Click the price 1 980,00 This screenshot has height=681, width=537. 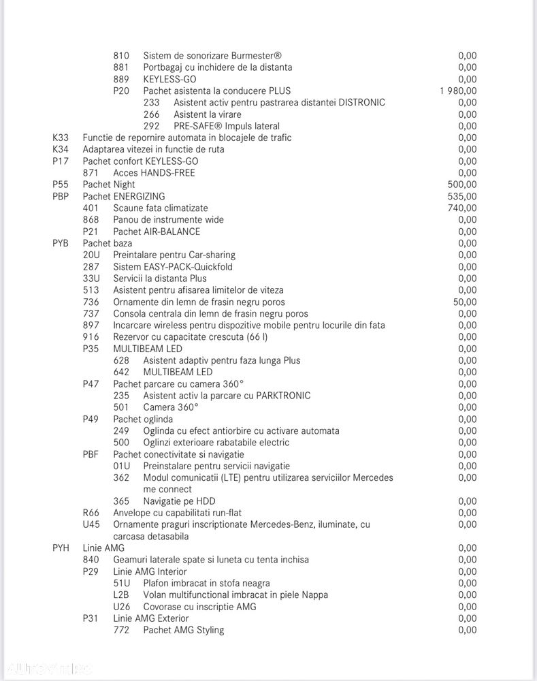click(x=457, y=91)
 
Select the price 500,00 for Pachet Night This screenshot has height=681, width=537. click(x=463, y=185)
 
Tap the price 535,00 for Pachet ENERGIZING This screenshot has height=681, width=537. click(x=463, y=196)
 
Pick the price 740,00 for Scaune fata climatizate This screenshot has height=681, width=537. click(x=463, y=208)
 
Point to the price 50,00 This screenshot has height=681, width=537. click(x=465, y=302)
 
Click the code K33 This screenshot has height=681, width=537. click(x=61, y=138)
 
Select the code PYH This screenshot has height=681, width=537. click(x=61, y=548)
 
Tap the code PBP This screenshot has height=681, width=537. click(x=61, y=196)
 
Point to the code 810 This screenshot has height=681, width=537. click(x=121, y=56)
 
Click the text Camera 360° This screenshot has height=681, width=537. click(x=171, y=407)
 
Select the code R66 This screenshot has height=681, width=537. click(x=91, y=513)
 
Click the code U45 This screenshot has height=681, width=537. click(x=91, y=524)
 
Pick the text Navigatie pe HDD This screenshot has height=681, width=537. click(x=179, y=501)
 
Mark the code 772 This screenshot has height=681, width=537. click(x=121, y=630)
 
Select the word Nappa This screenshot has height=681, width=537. click(x=313, y=595)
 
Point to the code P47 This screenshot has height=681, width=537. click(x=91, y=383)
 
